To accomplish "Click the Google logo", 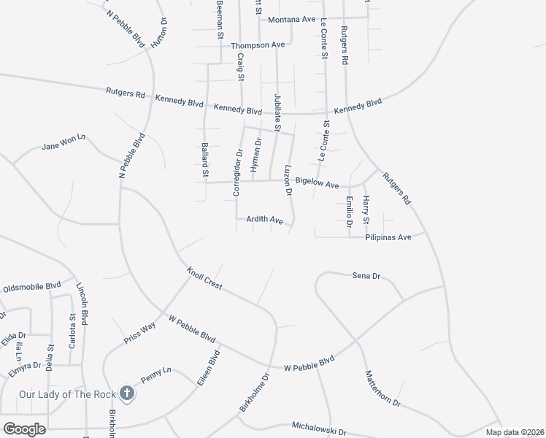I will coord(24,429).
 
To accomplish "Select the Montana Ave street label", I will coord(291,19).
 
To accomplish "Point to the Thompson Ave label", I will coord(258,45).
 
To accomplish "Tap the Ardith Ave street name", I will coord(264,219).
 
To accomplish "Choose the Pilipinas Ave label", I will coord(389,237).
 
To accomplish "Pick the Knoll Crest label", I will coord(204,278).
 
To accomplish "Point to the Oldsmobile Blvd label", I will coord(32,288).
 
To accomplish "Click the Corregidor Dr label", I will coord(237,174).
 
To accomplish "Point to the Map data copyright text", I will coord(514,432).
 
